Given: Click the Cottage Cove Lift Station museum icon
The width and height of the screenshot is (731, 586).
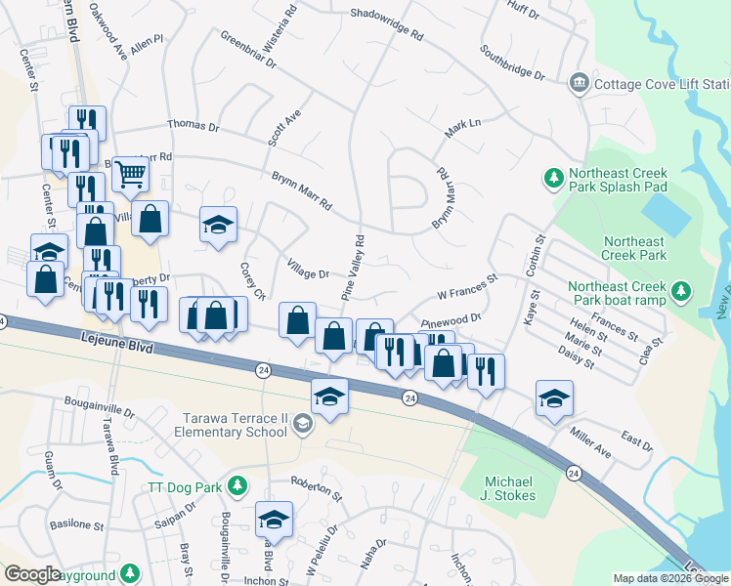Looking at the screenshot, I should tap(579, 83).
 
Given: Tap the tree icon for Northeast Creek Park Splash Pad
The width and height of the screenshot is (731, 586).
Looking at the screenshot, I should tap(553, 179).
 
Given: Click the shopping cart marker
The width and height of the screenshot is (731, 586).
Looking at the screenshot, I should tap(130, 175).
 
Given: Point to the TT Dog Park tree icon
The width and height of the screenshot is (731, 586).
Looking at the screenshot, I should tap(236, 485).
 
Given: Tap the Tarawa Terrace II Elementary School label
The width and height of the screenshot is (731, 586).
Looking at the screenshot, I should tap(232, 425).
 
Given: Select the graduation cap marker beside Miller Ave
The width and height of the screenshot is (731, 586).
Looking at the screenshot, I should tap(554, 398).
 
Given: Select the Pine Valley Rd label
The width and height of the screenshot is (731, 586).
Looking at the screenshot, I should tap(353, 267).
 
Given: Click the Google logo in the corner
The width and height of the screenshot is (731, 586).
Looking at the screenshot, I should tap(32, 574).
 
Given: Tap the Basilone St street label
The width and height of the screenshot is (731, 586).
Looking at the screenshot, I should tap(77, 525).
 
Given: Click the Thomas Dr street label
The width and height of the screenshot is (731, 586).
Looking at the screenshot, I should tap(193, 126).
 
